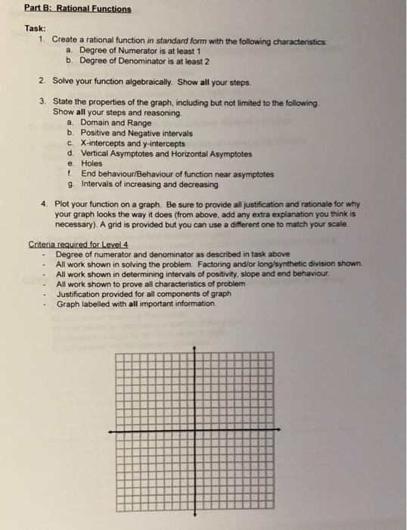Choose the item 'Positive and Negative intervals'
point(136,132)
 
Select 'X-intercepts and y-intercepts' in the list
point(132,143)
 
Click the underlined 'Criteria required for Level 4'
point(76,244)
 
